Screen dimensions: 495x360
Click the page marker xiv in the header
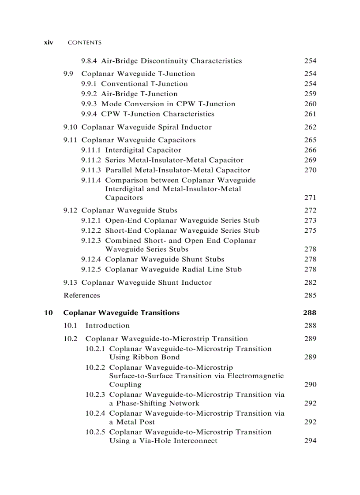pyautogui.click(x=49, y=43)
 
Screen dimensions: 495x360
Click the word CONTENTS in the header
pyautogui.click(x=85, y=43)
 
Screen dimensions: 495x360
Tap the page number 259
pyautogui.click(x=310, y=94)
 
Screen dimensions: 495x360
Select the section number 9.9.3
pyautogui.click(x=90, y=104)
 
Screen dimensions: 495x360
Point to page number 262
pyautogui.click(x=310, y=127)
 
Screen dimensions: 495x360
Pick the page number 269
pyautogui.click(x=310, y=160)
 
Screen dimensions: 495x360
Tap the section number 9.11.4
pyautogui.click(x=91, y=180)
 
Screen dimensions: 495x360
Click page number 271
pyautogui.click(x=310, y=198)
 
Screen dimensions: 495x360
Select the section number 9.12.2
pyautogui.click(x=91, y=231)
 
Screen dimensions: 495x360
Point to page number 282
pyautogui.click(x=310, y=283)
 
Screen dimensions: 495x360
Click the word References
pyautogui.click(x=82, y=295)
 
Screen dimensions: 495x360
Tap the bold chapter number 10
pyautogui.click(x=49, y=313)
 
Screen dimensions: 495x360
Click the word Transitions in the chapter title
pyautogui.click(x=160, y=313)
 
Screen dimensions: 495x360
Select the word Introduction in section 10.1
pyautogui.click(x=107, y=326)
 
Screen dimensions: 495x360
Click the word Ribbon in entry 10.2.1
pyautogui.click(x=154, y=357)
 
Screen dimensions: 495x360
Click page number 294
pyautogui.click(x=310, y=441)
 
